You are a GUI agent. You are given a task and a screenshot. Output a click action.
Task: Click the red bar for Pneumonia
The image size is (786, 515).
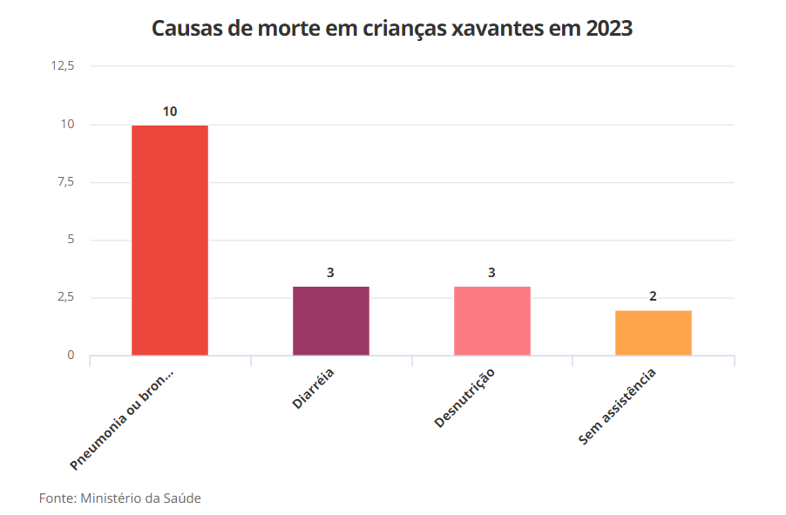[x=170, y=240]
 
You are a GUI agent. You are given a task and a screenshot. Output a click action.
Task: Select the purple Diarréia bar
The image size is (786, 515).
[x=331, y=321]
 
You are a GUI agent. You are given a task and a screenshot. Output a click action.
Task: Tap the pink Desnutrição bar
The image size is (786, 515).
[x=491, y=321]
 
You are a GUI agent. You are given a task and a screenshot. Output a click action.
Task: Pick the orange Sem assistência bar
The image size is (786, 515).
[x=653, y=333]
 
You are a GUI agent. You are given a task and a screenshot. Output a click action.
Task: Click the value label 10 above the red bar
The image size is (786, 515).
[x=170, y=112]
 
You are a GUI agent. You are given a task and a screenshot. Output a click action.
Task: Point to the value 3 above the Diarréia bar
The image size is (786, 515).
[x=331, y=273]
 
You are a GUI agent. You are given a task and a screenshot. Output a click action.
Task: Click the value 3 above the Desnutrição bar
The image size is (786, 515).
[x=491, y=273]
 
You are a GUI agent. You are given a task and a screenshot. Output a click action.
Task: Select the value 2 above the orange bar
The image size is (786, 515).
[x=653, y=296]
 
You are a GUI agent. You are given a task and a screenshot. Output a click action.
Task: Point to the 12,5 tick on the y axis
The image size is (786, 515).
[x=64, y=66]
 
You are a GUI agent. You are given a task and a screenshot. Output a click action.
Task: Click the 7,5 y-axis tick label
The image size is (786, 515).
[x=65, y=182]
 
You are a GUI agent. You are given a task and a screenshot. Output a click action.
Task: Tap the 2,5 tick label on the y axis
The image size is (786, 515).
[x=65, y=298]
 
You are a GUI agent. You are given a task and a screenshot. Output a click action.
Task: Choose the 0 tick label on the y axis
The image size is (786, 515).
[x=71, y=356]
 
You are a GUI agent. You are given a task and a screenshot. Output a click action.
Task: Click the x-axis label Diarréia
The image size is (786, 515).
[x=314, y=388]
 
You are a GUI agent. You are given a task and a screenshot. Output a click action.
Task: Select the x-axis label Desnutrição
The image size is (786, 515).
[x=464, y=398]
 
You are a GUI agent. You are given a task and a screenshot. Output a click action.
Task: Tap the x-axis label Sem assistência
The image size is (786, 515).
[x=617, y=407]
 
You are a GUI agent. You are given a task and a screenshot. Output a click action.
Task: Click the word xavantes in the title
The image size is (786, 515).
[x=500, y=29]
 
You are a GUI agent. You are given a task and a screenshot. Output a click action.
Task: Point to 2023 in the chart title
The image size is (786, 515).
[x=609, y=29]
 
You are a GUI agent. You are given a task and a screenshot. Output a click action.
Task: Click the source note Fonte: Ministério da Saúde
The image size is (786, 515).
[x=120, y=498]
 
